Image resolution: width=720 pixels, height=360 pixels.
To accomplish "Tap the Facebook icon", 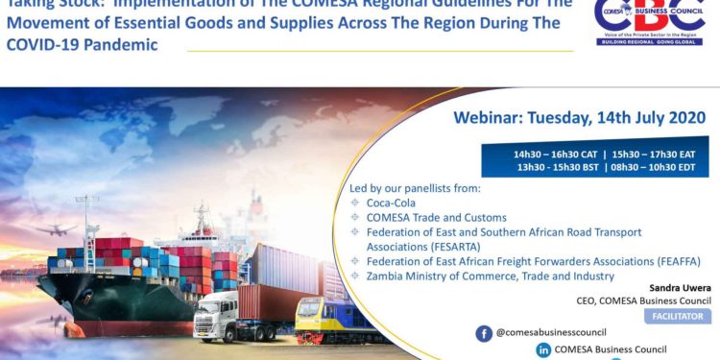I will [484, 333].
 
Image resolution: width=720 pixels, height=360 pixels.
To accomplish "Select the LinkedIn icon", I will [543, 350].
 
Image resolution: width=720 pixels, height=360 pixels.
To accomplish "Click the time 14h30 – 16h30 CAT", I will [555, 154].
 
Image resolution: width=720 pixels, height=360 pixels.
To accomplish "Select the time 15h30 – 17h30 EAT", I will [654, 154].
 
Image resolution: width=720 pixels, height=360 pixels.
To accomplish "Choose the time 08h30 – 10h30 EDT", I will [653, 167].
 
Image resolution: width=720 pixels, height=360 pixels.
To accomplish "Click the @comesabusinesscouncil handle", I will [551, 333].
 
